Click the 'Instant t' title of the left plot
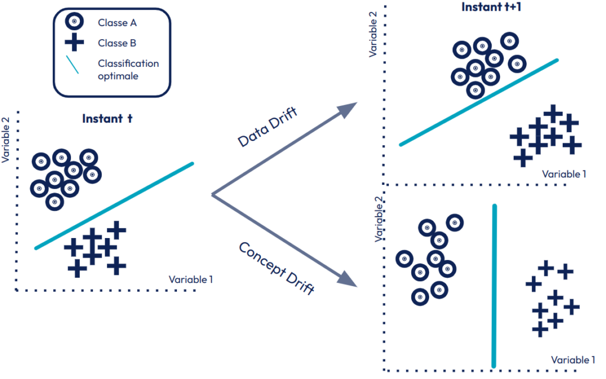[107, 118]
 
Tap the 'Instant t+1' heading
[487, 8]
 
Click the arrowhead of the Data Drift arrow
[350, 108]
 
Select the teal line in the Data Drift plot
[479, 102]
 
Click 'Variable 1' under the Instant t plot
[191, 279]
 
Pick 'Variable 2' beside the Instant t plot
[7, 139]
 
